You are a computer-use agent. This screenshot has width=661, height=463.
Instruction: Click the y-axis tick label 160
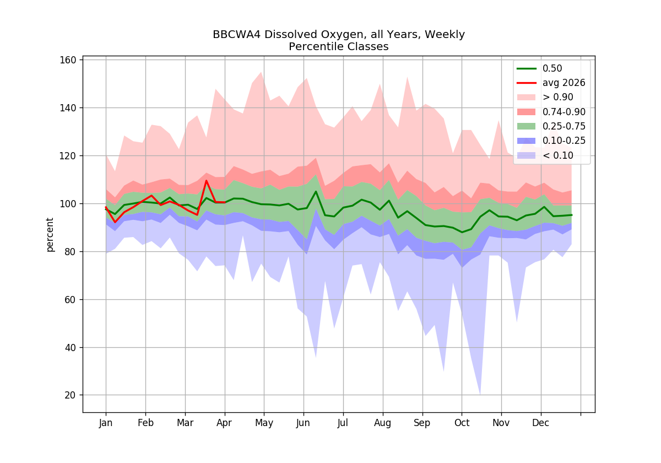(x=68, y=60)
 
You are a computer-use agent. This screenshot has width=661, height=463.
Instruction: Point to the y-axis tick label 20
(x=71, y=395)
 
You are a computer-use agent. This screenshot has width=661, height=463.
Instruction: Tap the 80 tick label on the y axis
(x=71, y=252)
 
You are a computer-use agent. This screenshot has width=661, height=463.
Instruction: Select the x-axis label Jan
(x=106, y=423)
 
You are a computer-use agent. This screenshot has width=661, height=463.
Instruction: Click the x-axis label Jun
(x=303, y=423)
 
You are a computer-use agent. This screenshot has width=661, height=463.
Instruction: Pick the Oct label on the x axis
(x=462, y=423)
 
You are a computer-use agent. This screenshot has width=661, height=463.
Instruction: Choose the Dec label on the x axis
(x=540, y=423)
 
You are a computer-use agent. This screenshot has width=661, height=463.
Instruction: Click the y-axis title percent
(x=50, y=235)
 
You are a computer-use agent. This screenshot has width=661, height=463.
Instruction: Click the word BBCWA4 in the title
(x=236, y=35)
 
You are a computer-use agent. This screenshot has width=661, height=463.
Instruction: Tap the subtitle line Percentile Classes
(x=338, y=47)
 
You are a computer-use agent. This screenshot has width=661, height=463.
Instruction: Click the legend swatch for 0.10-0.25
(x=526, y=141)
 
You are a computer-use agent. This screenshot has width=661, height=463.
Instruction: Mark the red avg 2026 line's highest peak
(x=206, y=180)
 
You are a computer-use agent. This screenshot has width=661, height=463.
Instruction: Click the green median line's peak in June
(x=316, y=191)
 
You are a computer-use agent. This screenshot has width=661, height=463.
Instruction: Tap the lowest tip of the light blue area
(x=480, y=395)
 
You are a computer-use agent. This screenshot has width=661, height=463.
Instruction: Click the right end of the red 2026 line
(x=225, y=202)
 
